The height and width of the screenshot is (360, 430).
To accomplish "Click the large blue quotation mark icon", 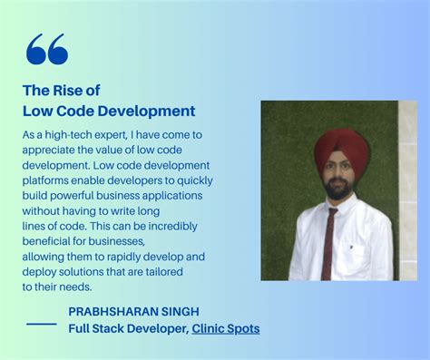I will [x=47, y=50].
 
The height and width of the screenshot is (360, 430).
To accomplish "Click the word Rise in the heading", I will [x=69, y=90].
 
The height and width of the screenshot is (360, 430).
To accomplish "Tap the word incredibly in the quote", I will [x=169, y=226].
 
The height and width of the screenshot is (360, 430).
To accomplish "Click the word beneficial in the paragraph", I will [x=51, y=241].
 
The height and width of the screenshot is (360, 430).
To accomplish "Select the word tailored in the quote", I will [x=162, y=272].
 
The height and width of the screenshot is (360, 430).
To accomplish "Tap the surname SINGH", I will [x=177, y=312].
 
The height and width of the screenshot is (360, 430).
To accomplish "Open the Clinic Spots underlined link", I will [x=225, y=328].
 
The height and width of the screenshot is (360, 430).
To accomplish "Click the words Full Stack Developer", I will [x=127, y=328].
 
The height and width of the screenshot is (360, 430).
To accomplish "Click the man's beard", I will [x=337, y=190].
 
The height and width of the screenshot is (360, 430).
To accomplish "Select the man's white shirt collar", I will [x=339, y=207].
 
